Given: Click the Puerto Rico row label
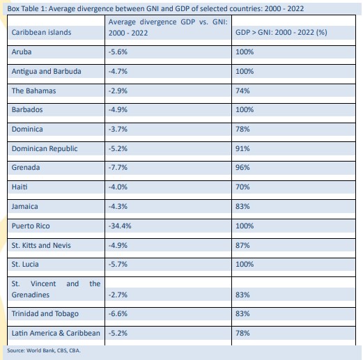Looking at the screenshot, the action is pyautogui.click(x=31, y=226).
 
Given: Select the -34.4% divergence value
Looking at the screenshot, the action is pyautogui.click(x=120, y=226).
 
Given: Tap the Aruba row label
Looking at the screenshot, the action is pyautogui.click(x=22, y=52).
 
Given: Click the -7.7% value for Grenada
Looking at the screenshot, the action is pyautogui.click(x=118, y=167).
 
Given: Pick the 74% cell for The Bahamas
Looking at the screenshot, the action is pyautogui.click(x=242, y=91).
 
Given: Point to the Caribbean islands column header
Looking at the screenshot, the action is pyautogui.click(x=41, y=32).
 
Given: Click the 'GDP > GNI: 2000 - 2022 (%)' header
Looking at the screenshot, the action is pyautogui.click(x=281, y=32).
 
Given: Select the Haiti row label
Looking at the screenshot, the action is pyautogui.click(x=20, y=187).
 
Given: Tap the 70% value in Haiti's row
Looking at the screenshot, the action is pyautogui.click(x=242, y=187).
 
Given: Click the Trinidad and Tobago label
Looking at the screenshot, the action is pyautogui.click(x=45, y=313).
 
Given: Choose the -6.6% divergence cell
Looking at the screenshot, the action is pyautogui.click(x=118, y=313).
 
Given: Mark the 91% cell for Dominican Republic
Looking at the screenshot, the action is pyautogui.click(x=242, y=148).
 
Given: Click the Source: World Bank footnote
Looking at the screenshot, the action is pyautogui.click(x=44, y=350).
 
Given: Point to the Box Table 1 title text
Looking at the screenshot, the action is pyautogui.click(x=155, y=8).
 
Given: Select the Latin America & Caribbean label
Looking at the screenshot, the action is pyautogui.click(x=56, y=333).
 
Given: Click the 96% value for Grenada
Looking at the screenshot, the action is pyautogui.click(x=242, y=167).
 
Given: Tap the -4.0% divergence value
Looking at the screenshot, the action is pyautogui.click(x=118, y=187).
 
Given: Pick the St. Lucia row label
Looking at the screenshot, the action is pyautogui.click(x=25, y=264).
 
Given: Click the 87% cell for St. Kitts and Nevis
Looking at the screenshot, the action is pyautogui.click(x=242, y=245).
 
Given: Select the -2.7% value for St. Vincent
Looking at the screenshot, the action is pyautogui.click(x=118, y=295).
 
